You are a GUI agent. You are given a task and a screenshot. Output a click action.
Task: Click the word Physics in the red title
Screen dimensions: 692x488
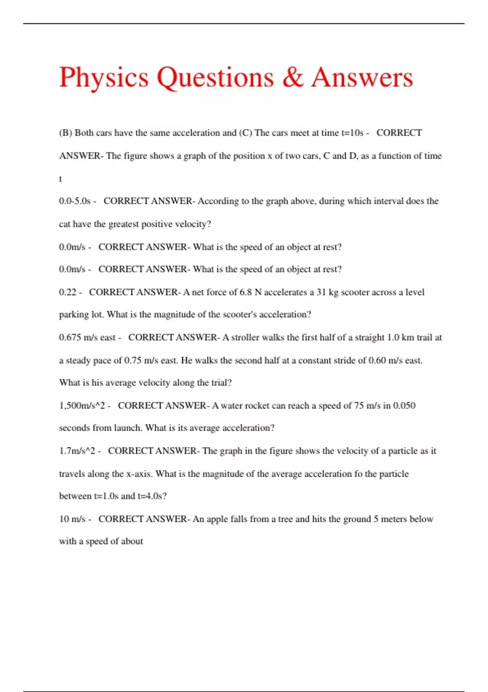104,77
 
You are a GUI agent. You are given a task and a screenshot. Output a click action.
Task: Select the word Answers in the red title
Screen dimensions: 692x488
362,77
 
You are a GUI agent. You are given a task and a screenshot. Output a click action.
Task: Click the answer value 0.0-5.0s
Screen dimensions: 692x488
75,201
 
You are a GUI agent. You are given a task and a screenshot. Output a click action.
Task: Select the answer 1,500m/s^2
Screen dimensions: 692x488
82,406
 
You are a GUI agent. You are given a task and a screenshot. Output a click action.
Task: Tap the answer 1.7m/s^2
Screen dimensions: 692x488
77,451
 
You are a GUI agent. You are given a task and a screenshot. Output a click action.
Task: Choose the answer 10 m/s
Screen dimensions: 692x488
72,519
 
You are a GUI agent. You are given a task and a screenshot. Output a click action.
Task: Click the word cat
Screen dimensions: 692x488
65,224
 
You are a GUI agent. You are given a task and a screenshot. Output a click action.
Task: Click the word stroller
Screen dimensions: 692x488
246,337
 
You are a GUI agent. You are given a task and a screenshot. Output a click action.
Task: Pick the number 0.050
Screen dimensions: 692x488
404,406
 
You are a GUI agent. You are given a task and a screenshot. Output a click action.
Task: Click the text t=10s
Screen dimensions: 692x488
352,133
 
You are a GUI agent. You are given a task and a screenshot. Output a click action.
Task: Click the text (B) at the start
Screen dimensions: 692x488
65,133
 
